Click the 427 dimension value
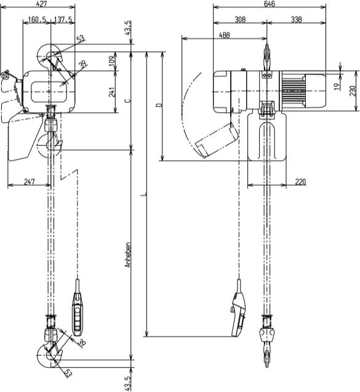click(x=42, y=4)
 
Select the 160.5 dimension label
click(x=37, y=20)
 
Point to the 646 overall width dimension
click(x=270, y=4)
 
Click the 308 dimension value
click(x=240, y=20)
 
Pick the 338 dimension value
click(x=296, y=20)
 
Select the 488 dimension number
click(x=224, y=35)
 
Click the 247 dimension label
click(x=30, y=182)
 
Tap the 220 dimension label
click(x=300, y=182)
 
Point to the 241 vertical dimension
click(x=112, y=92)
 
